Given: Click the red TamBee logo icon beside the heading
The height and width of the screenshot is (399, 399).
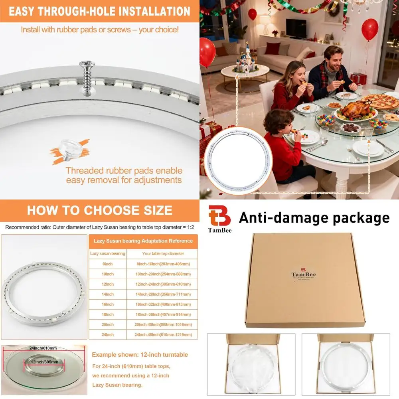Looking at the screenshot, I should click(x=219, y=216).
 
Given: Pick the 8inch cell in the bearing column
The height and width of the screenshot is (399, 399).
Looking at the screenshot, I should click(x=107, y=264).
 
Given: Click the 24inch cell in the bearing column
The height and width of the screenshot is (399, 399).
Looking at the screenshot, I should click(x=107, y=334).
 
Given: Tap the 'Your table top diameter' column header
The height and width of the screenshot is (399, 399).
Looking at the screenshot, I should click(x=163, y=253).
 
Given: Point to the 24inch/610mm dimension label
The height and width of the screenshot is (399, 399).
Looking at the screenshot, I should click(x=43, y=348).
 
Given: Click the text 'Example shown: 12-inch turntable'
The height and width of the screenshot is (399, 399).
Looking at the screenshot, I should click(x=140, y=355).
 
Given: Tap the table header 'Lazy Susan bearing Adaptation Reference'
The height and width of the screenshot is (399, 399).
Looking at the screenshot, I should click(x=143, y=241).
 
